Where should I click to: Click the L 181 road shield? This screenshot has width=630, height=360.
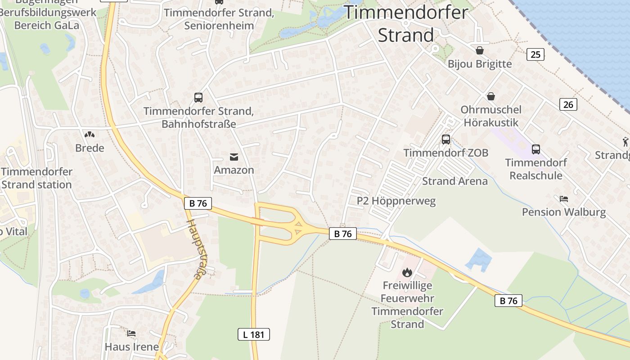coord(254,334)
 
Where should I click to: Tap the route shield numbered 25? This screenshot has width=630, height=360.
coord(535,54)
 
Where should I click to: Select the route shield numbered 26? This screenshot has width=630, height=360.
coord(568,104)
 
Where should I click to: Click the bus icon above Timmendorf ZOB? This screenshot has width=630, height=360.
coord(446,139)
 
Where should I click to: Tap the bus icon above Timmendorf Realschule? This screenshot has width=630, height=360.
coord(535,149)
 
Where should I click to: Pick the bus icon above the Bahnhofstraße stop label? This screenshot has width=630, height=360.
coord(198,97)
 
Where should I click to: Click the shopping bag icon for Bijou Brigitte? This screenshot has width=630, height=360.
coord(480,50)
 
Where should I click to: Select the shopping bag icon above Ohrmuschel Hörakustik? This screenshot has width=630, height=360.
coord(491,96)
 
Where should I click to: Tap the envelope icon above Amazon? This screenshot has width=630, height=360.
coord(234,157)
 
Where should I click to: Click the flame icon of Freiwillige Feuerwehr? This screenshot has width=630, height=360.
coord(407,272)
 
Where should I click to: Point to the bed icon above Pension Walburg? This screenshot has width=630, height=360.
coord(564,198)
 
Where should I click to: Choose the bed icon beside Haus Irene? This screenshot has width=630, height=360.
coord(131,333)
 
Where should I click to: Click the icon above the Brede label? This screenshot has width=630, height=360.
coord(90,135)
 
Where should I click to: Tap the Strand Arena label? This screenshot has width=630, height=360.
coord(454,181)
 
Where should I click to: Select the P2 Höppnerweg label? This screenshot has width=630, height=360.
coord(396,201)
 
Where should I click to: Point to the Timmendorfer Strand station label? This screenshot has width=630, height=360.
coord(36,178)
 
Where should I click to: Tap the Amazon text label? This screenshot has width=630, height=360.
coord(234,170)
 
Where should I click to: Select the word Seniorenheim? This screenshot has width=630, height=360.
coord(219,25)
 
